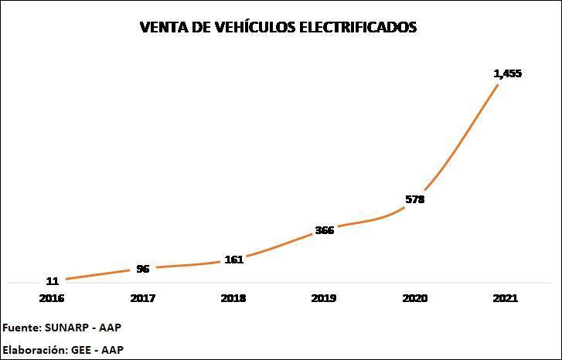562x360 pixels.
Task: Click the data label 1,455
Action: point(508,73)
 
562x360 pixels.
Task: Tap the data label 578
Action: point(415,199)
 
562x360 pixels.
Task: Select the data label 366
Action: point(325,230)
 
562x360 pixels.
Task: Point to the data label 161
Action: point(233,260)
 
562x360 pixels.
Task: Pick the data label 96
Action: point(143,269)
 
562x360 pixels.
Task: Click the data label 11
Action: point(53,281)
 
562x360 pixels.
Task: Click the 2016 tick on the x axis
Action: point(53,297)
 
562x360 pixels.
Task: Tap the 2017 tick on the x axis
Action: point(143,297)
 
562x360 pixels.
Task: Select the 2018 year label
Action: point(233,297)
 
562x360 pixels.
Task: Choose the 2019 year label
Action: point(325,297)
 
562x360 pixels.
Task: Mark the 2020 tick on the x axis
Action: point(415,297)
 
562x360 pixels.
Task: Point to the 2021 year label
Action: point(506,297)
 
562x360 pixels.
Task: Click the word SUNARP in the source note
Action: point(66,328)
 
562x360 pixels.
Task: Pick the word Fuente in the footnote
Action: point(22,328)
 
